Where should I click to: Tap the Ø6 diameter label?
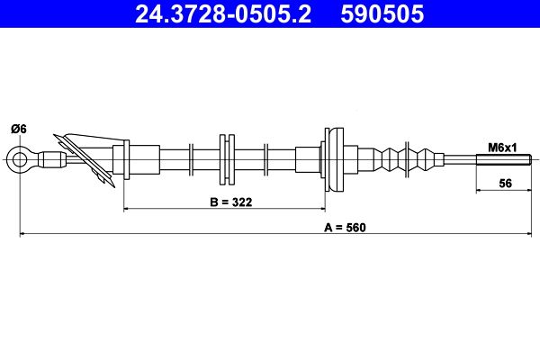click(x=18, y=130)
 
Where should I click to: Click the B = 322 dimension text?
click(x=224, y=202)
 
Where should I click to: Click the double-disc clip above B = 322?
click(x=226, y=160)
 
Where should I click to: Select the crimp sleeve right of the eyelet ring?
click(x=54, y=161)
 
